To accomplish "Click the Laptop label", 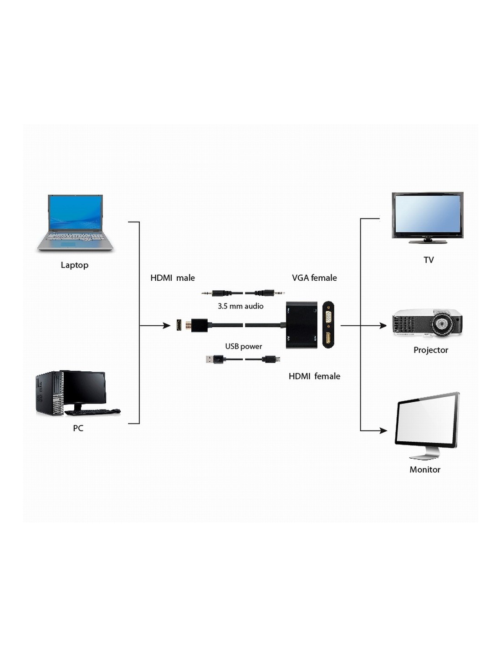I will (74, 265).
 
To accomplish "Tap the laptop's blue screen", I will (75, 212).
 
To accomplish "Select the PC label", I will (78, 428).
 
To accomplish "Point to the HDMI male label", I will (172, 278).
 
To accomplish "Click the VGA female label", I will (314, 278).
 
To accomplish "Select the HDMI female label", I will (314, 376).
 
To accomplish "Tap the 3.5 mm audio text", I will (240, 306).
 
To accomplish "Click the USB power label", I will (243, 346).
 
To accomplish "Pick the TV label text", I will (429, 260).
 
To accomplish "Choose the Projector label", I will (430, 350).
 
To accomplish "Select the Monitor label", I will (424, 470).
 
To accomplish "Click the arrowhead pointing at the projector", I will (383, 326).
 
